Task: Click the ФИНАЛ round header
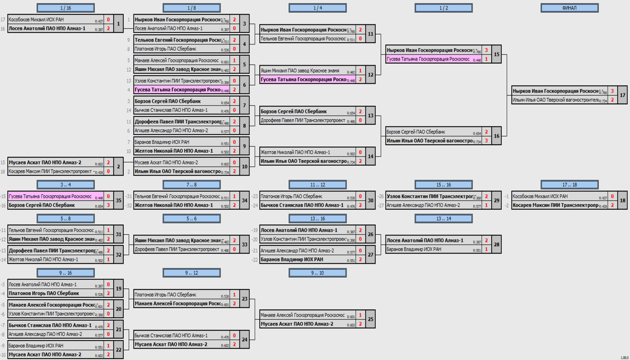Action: pos(569,8)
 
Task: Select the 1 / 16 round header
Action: pos(66,8)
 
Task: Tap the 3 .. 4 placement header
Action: pos(66,184)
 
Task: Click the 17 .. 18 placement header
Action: pos(569,184)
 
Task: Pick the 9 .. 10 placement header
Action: pos(317,273)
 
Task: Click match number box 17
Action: pos(622,95)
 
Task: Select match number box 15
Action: pos(496,54)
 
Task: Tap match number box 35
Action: pos(118,201)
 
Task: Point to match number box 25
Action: pos(370,319)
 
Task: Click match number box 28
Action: pos(496,244)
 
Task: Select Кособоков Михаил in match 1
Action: pos(36,19)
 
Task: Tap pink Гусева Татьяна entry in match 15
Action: pos(428,59)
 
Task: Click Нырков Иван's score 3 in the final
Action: pos(612,91)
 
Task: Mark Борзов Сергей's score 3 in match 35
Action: pos(108,205)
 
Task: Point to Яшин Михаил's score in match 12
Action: pos(360,70)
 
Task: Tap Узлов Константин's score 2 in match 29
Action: pos(486,196)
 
